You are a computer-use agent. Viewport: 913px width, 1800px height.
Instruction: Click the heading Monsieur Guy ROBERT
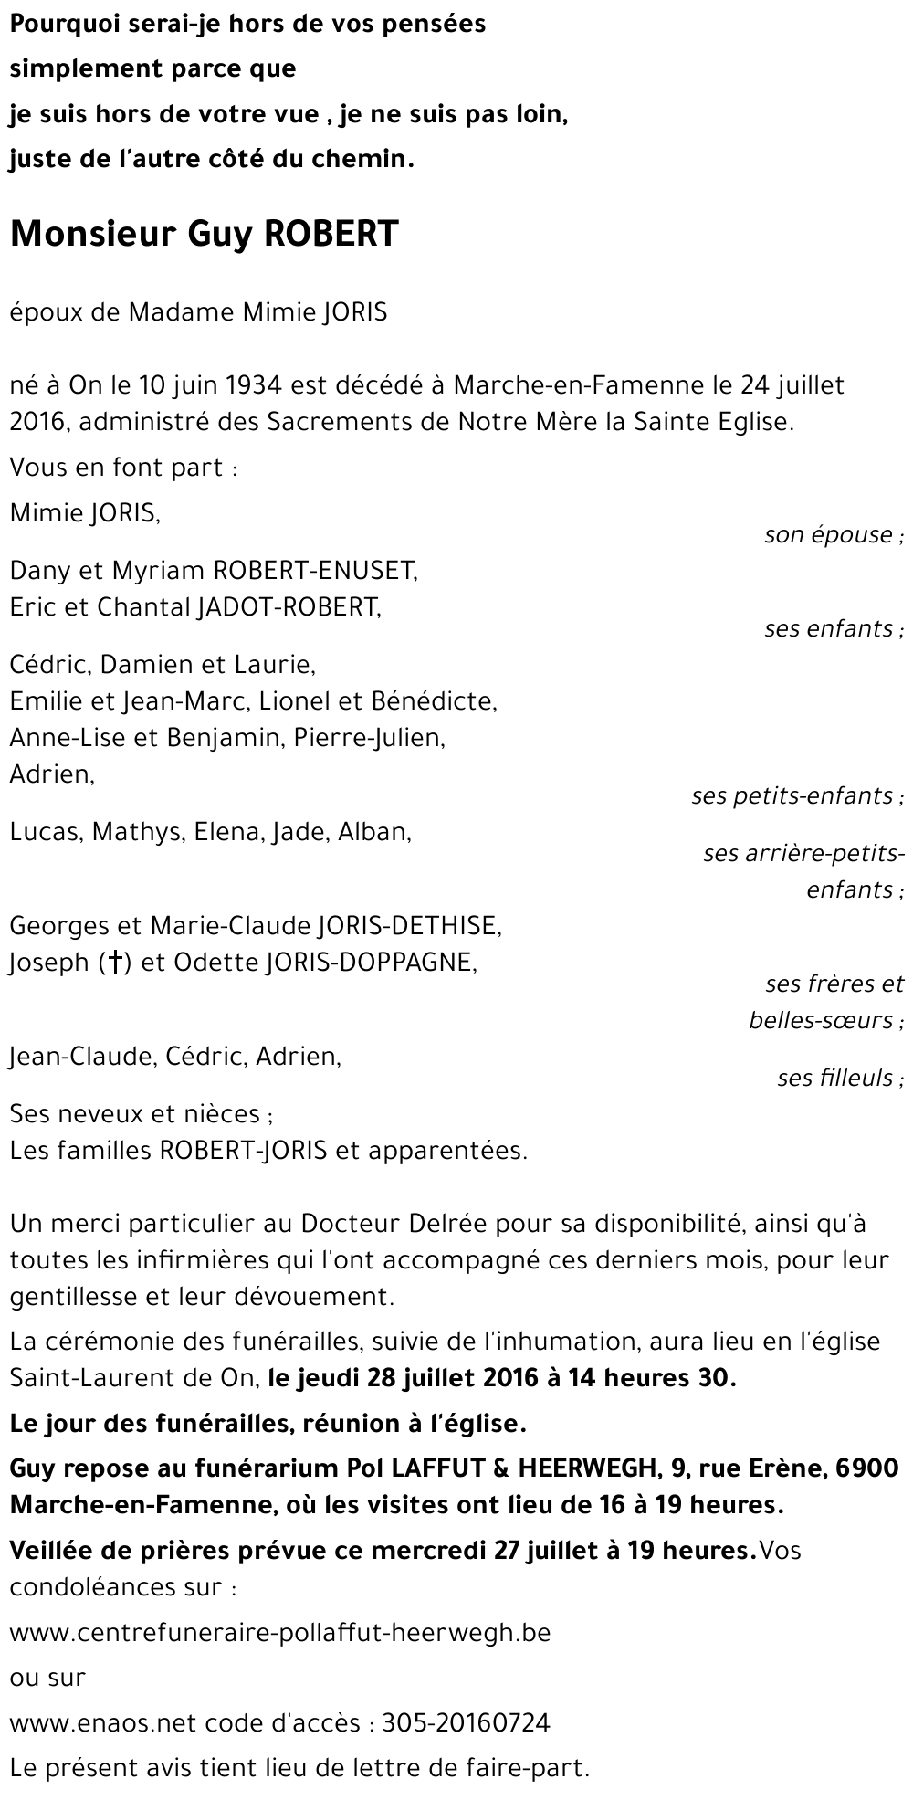205,235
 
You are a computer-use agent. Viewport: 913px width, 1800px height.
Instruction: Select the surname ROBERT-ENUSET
314,571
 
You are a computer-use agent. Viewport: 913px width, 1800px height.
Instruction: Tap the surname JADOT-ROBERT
288,607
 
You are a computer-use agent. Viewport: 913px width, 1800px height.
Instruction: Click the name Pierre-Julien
370,738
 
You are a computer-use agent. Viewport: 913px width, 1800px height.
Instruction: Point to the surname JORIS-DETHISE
408,926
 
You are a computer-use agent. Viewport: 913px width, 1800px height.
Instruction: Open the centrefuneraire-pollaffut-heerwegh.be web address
280,1632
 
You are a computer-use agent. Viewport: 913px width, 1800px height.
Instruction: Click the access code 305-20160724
466,1722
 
